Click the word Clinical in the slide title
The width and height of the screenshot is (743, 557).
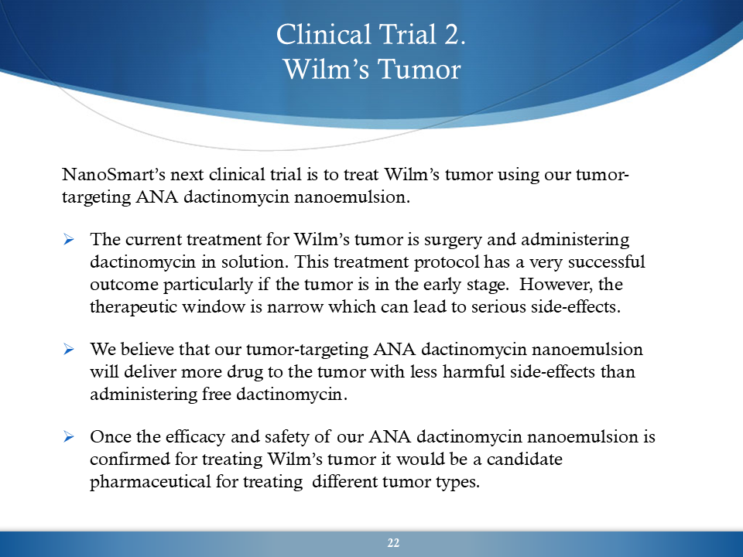(x=324, y=35)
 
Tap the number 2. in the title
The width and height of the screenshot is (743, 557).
(x=455, y=35)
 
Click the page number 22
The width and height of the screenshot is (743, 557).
(x=393, y=543)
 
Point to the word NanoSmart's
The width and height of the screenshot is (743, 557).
(x=114, y=174)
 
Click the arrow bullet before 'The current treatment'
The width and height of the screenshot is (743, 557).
(x=69, y=239)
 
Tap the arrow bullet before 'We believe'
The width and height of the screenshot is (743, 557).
(x=69, y=349)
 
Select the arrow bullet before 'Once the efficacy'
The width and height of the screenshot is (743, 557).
(x=69, y=436)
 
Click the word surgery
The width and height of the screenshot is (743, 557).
(x=453, y=240)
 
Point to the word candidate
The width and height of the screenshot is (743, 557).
(x=525, y=459)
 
